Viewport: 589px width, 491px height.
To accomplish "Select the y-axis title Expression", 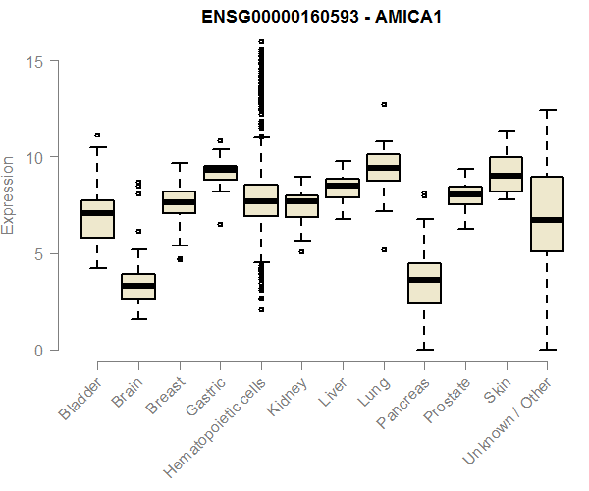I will pyautogui.click(x=9, y=194).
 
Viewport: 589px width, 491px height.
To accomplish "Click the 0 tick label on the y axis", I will pyautogui.click(x=40, y=351).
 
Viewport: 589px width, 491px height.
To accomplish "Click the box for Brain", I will pyautogui.click(x=138, y=286).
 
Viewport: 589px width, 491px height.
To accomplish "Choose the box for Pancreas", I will pyautogui.click(x=424, y=283).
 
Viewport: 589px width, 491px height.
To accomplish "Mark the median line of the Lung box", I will pyautogui.click(x=383, y=168).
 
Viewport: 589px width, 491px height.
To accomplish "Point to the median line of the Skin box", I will pyautogui.click(x=506, y=176).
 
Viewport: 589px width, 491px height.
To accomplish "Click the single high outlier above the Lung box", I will pyautogui.click(x=383, y=104).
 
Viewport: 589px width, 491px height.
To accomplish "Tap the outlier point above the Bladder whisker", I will pyautogui.click(x=97, y=135).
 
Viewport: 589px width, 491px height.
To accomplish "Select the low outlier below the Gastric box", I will pyautogui.click(x=220, y=224).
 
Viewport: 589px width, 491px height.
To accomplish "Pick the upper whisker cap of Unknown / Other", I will pyautogui.click(x=547, y=110).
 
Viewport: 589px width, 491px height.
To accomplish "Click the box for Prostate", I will pyautogui.click(x=465, y=194).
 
